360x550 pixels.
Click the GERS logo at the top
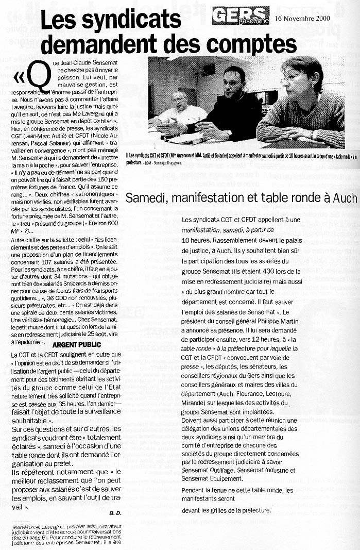240,15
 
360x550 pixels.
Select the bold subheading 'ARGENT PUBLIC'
73,344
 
